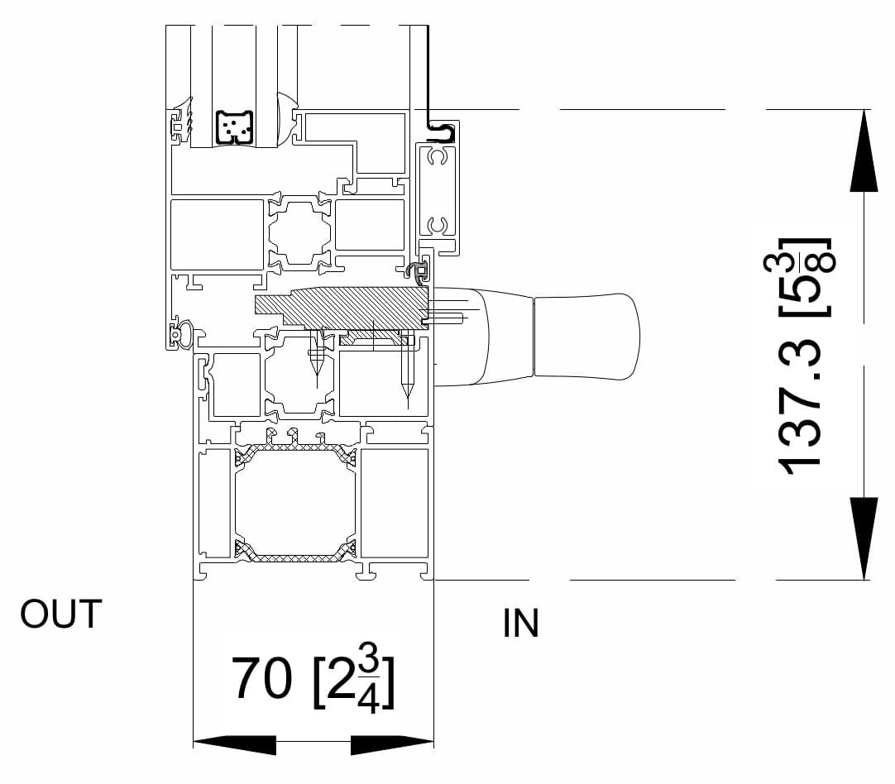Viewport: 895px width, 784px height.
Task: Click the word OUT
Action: pos(61,614)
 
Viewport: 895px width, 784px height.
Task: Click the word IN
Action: pos(520,624)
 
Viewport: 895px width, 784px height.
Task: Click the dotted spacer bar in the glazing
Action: pos(235,127)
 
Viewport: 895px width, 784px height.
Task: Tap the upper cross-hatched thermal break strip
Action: pos(295,449)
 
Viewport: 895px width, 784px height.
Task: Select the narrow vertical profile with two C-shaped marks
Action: pos(437,191)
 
